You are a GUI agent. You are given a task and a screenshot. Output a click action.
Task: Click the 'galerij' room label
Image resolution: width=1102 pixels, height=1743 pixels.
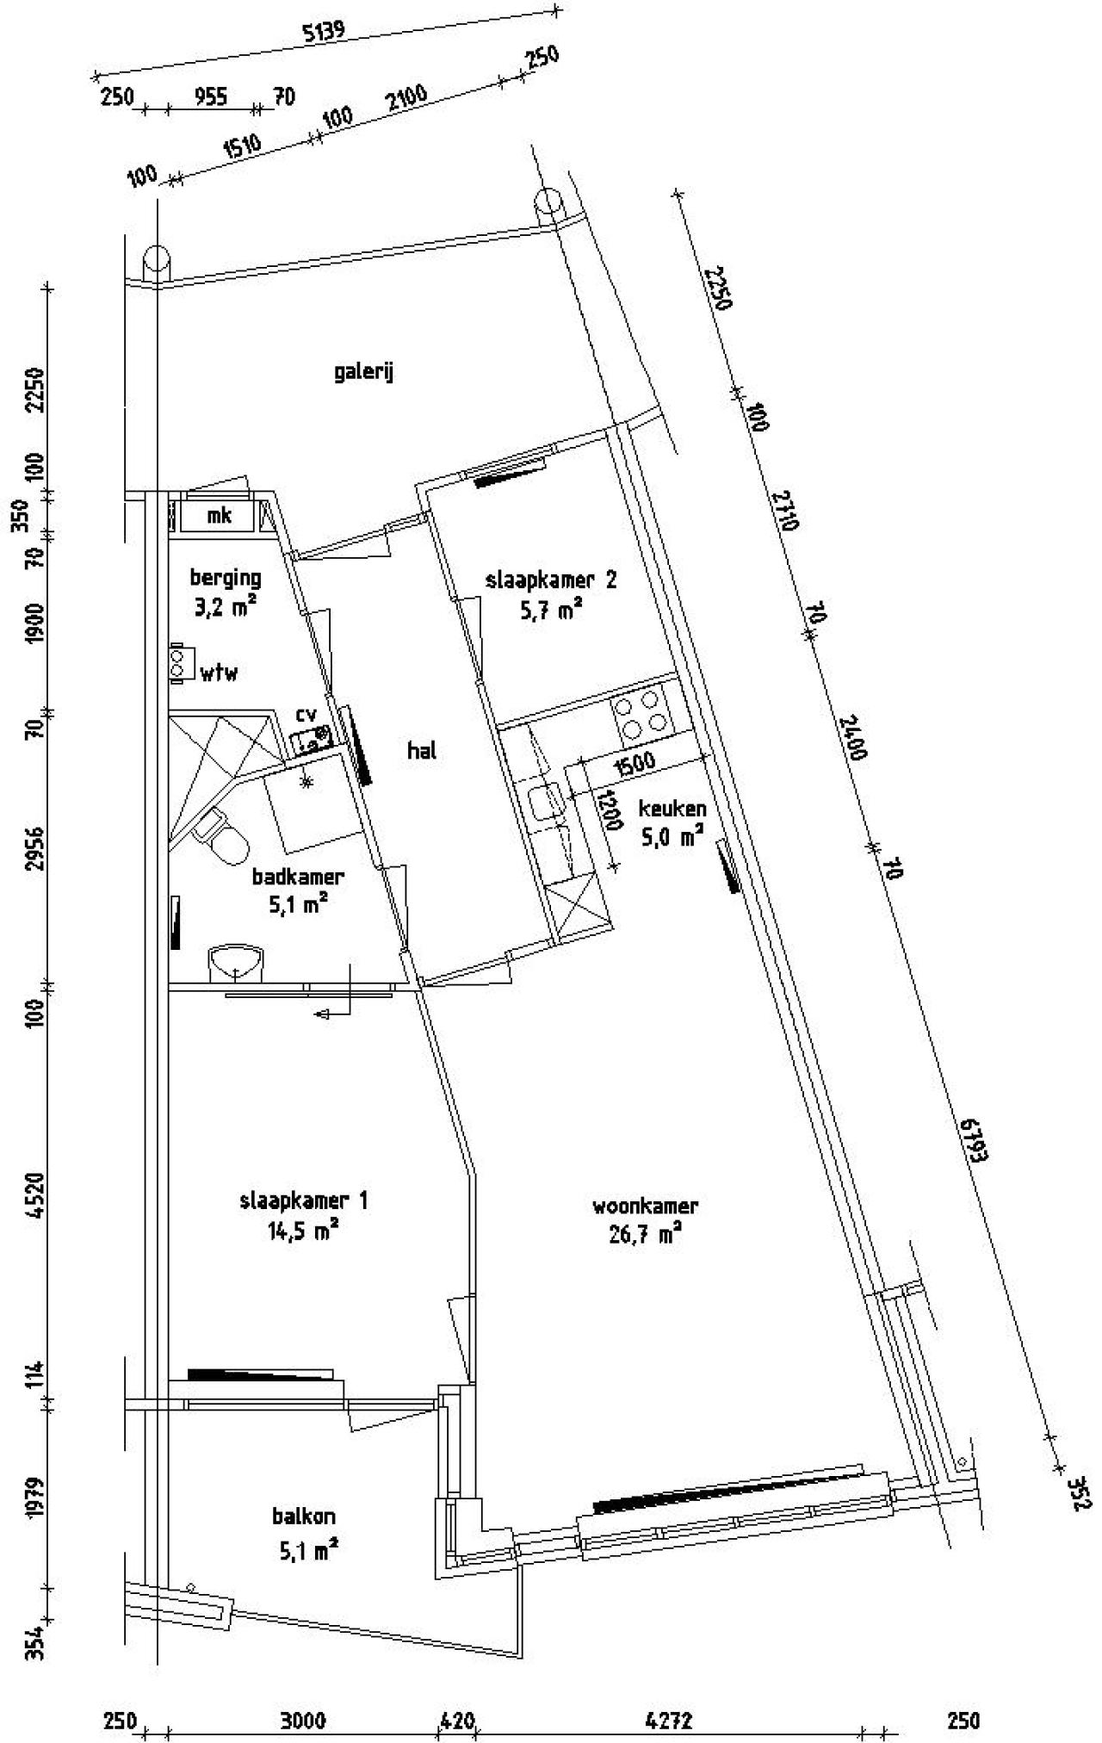(x=363, y=373)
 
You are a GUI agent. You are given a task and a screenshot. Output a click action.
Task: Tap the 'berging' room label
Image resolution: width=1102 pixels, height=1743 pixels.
(x=226, y=578)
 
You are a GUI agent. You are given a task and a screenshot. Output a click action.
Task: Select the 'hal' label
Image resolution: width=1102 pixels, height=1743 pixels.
(x=422, y=750)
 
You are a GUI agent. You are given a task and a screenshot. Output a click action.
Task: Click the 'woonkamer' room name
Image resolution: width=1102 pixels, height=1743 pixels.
(x=645, y=1206)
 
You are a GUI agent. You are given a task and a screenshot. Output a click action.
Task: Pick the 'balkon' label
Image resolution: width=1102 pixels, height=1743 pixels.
(x=304, y=1516)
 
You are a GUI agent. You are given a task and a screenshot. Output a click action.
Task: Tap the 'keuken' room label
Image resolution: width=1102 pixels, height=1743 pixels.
(x=672, y=808)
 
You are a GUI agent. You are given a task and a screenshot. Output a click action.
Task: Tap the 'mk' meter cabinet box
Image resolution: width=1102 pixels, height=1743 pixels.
(x=220, y=516)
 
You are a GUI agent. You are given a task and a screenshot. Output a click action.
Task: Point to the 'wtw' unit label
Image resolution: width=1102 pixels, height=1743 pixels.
(x=220, y=673)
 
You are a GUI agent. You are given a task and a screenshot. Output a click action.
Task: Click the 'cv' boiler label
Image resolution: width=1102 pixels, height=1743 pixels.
(x=306, y=714)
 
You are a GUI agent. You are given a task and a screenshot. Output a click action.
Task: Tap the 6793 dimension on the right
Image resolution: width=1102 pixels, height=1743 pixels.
(x=973, y=1141)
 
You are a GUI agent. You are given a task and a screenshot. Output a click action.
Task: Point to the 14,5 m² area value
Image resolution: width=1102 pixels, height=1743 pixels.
(x=303, y=1231)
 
